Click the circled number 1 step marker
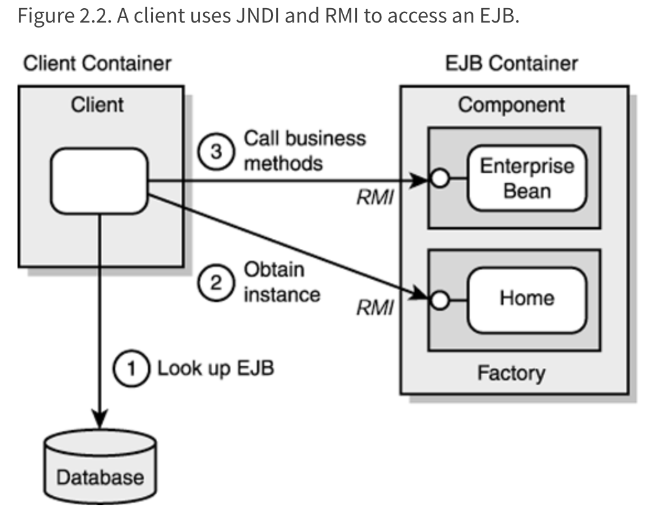pos(130,367)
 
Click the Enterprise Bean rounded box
pos(527,178)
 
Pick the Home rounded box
pos(527,298)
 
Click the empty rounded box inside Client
pos(100,181)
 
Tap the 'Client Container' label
pos(97,63)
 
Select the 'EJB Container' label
pos(512,63)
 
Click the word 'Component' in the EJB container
pos(512,105)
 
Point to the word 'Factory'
pos(512,373)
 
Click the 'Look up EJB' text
pos(215,367)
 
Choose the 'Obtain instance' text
pos(281,282)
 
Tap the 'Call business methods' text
pos(304,150)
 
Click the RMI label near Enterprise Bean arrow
pos(375,199)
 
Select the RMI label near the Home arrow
pos(375,308)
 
